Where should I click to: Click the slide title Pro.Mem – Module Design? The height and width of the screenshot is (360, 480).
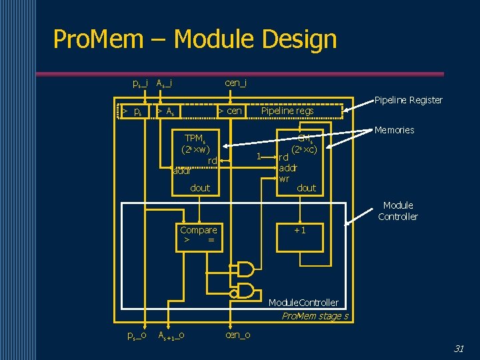195,39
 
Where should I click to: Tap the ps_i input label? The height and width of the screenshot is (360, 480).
140,83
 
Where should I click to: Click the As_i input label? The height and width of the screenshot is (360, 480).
165,83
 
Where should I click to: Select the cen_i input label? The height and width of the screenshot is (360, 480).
236,83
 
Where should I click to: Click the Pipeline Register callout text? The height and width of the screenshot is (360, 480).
408,100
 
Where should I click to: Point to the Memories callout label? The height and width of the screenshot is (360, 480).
394,130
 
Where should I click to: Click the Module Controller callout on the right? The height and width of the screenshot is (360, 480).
398,211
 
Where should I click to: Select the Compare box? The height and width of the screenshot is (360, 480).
199,235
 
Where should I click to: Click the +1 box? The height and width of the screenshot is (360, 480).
300,230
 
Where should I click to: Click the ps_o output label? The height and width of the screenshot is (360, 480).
137,335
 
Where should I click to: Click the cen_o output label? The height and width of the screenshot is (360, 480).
238,335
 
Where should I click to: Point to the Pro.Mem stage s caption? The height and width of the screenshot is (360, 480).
315,316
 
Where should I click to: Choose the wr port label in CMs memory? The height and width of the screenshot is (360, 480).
284,179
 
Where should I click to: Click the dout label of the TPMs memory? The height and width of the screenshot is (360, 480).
200,188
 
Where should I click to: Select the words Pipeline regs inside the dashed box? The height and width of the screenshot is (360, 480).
287,111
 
